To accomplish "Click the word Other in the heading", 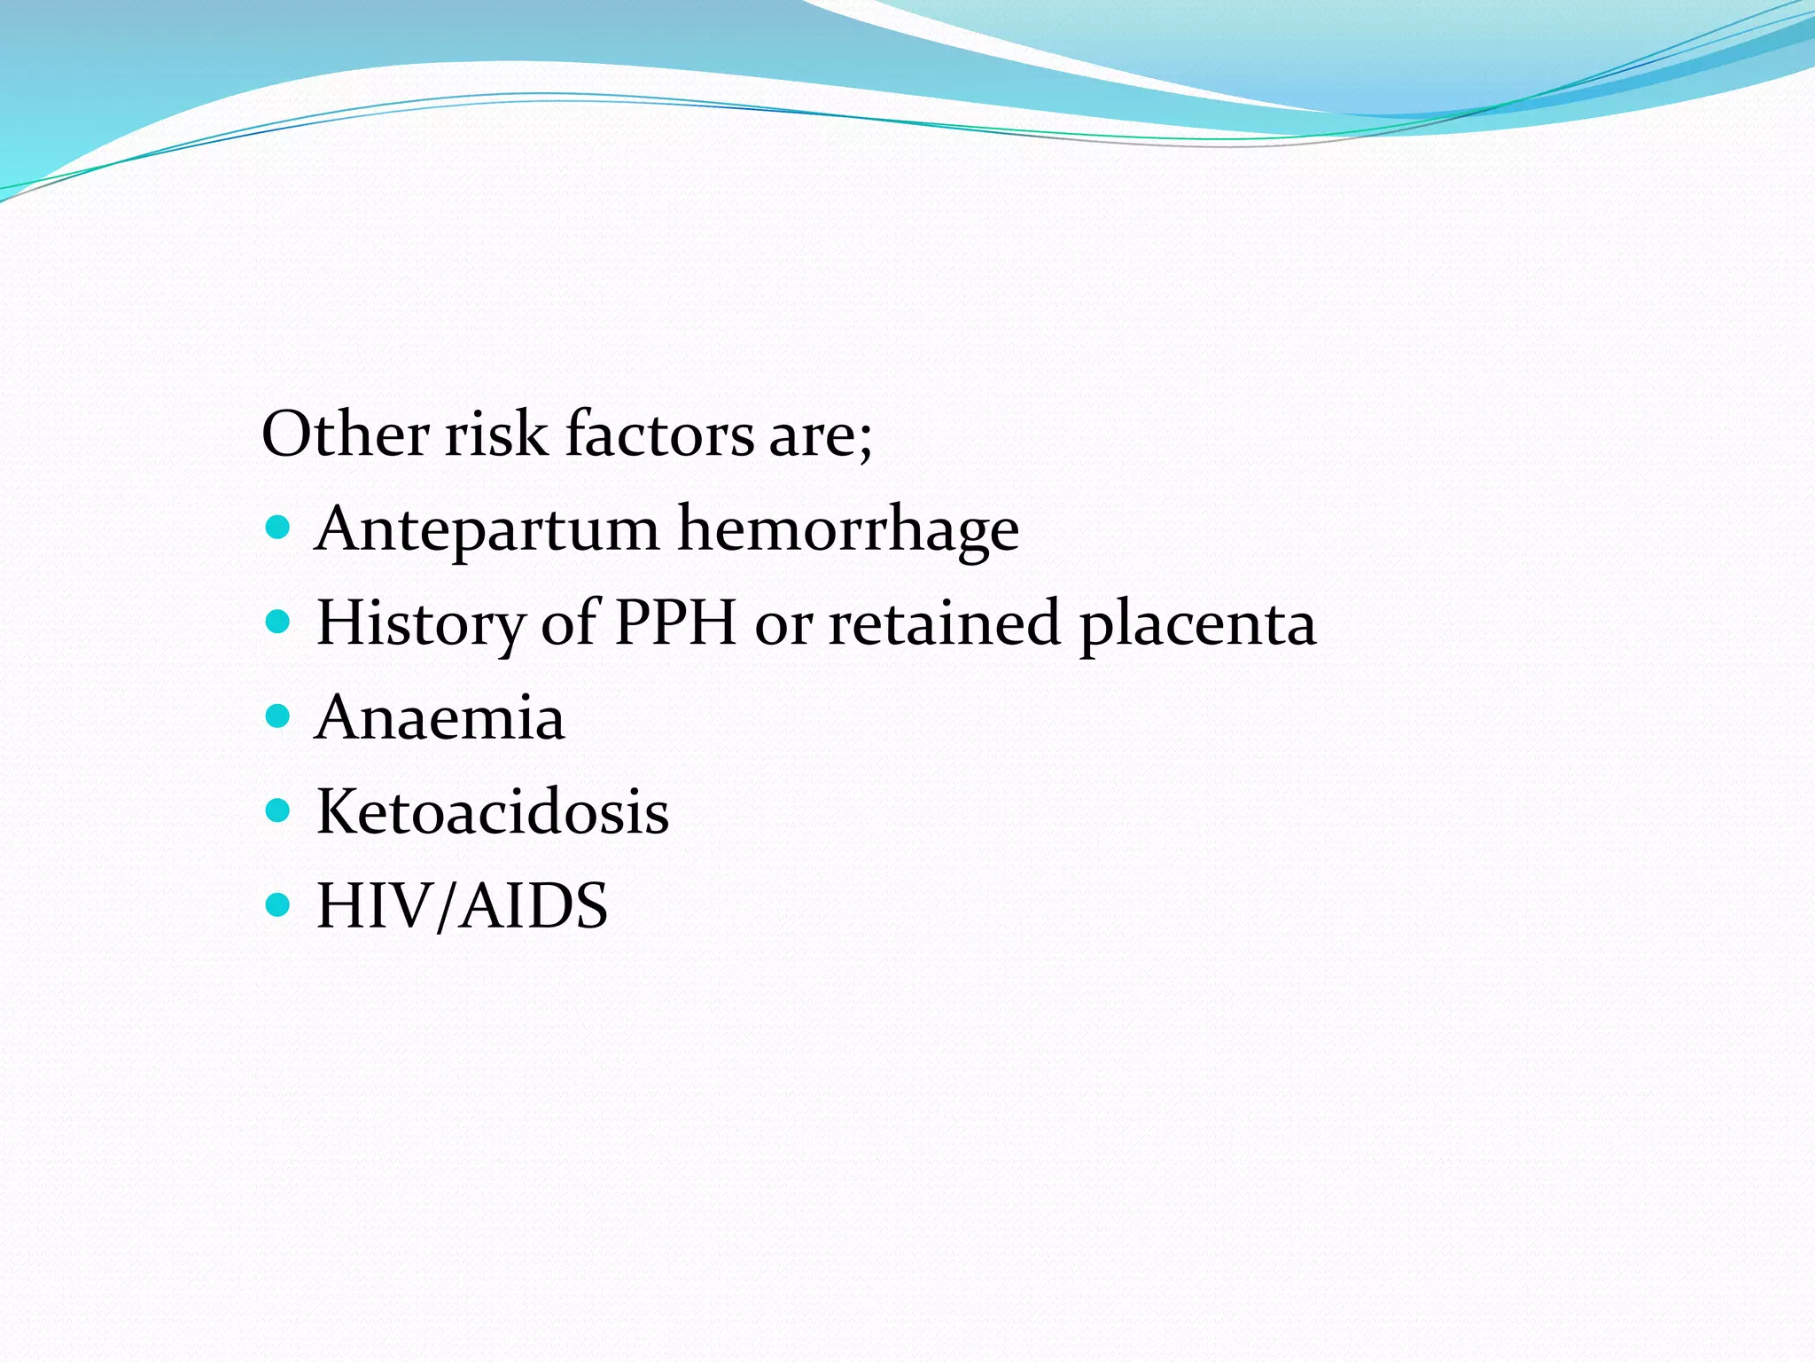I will point(345,434).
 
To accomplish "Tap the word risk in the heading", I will point(495,434).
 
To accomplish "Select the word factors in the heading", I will point(659,434).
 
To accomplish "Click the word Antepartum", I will point(487,530).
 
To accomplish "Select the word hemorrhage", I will point(848,530).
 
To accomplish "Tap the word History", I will point(420,624).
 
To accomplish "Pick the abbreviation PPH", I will point(675,622).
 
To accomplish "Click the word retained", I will point(944,622).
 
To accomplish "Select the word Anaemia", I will point(440,717).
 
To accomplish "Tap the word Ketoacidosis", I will point(493,811).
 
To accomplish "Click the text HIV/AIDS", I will point(462,906).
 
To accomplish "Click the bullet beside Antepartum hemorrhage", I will point(277,528).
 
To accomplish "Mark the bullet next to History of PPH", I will point(277,622).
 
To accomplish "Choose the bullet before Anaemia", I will point(277,716).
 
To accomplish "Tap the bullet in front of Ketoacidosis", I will point(277,810).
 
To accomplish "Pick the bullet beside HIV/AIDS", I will point(277,904).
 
